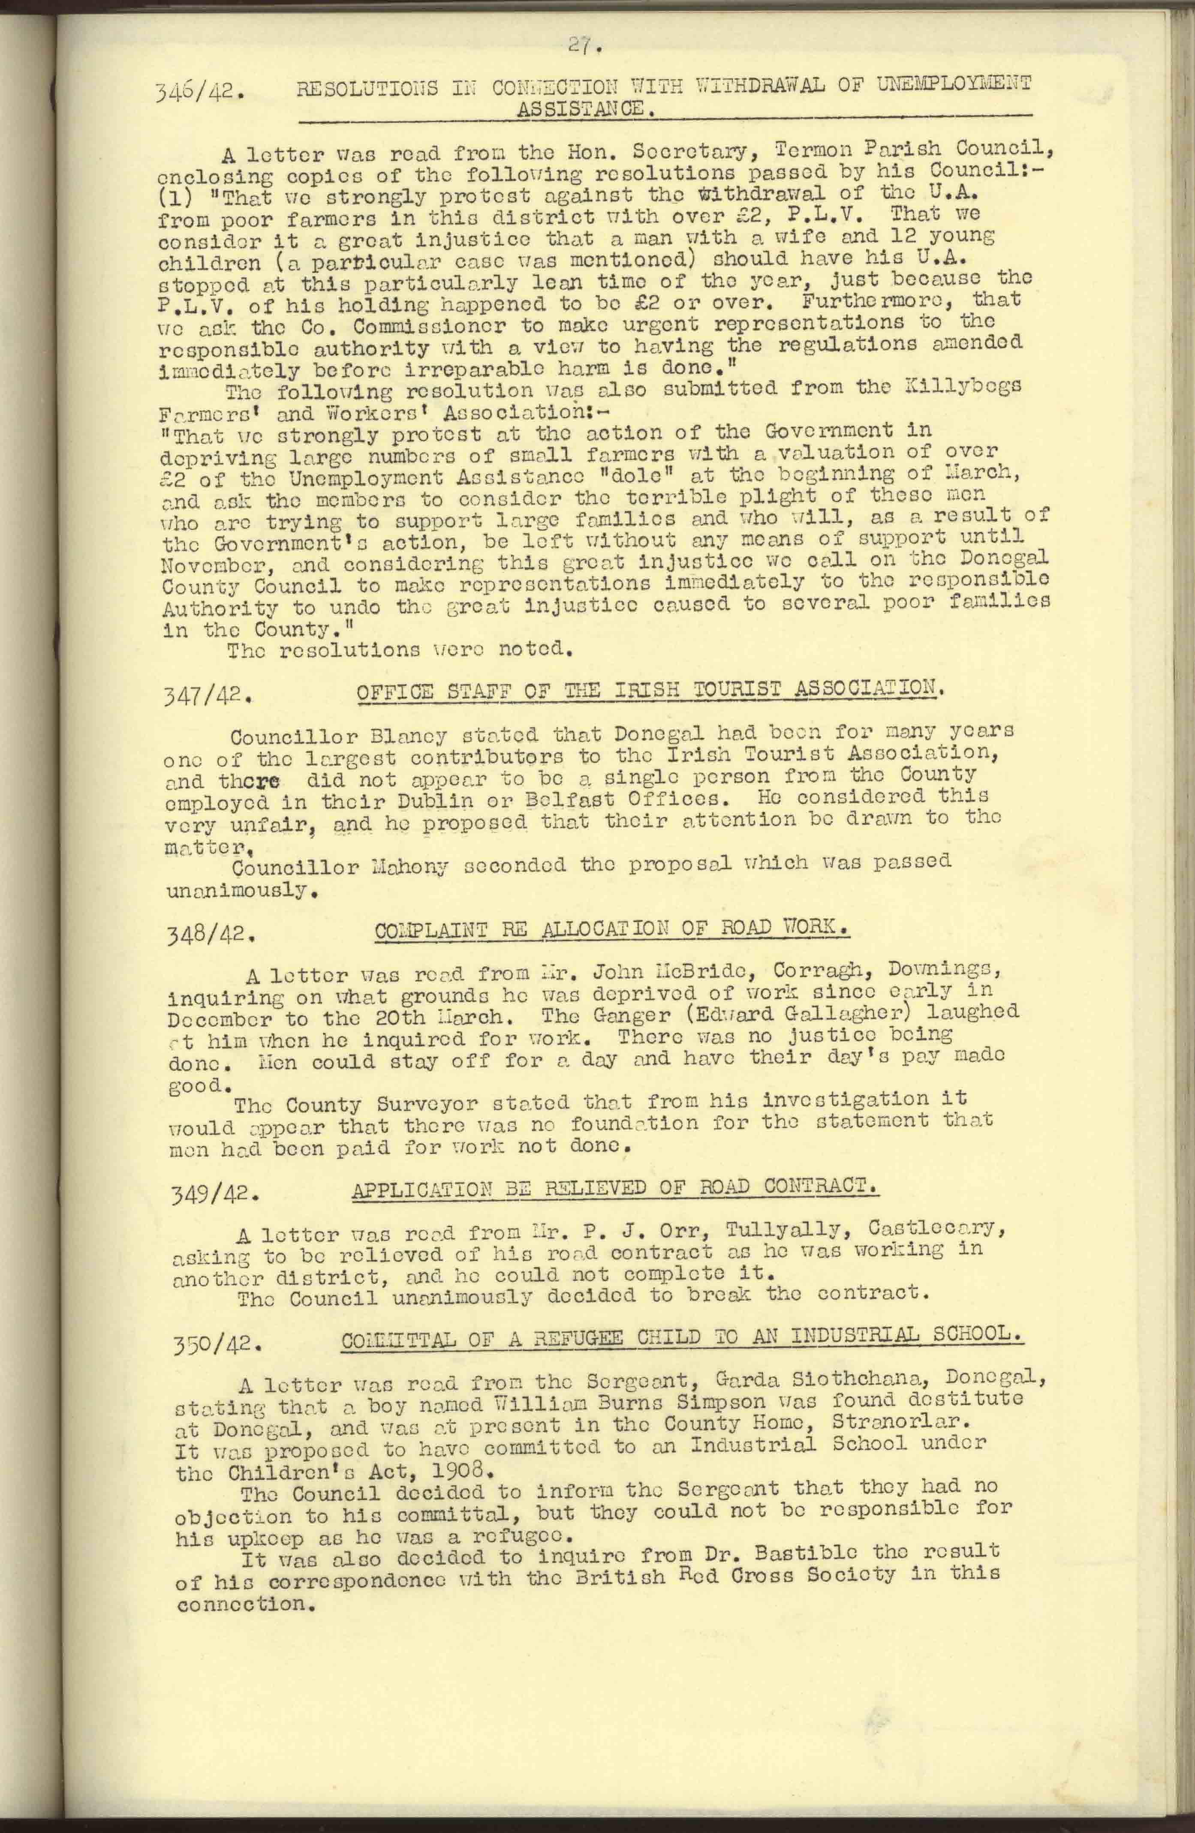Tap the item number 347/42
(x=207, y=697)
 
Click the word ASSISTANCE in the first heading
(x=586, y=108)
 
